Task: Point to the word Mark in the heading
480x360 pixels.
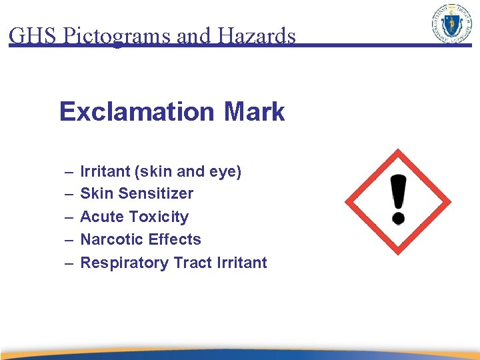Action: [254, 111]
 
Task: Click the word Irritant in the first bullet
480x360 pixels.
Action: [105, 171]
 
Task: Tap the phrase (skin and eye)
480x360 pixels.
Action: [188, 171]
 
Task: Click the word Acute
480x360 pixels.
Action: [102, 217]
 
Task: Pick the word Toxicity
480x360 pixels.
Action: [159, 217]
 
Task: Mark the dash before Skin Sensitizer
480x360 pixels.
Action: [69, 194]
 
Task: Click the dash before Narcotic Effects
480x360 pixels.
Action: [69, 240]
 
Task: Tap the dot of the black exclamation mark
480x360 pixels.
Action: [398, 218]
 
